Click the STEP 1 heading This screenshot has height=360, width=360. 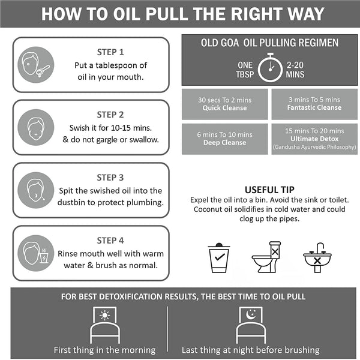(110, 52)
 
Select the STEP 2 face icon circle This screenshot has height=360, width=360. (36, 127)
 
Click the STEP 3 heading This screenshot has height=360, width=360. (110, 178)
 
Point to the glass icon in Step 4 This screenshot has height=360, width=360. (44, 256)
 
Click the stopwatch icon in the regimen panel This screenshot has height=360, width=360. (270, 67)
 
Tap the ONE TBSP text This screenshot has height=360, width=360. (245, 70)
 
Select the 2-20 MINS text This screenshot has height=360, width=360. (295, 70)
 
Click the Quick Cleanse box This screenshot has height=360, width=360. (225, 104)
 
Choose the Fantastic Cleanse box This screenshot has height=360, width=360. (314, 104)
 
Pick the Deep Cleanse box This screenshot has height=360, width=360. (225, 139)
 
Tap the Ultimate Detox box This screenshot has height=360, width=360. (314, 139)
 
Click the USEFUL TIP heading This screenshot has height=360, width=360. (269, 190)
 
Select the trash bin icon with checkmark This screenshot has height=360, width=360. (219, 257)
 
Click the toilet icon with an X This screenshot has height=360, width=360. (266, 257)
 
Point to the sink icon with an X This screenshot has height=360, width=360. (317, 257)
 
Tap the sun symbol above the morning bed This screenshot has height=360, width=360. (104, 315)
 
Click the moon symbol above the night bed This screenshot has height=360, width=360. (251, 314)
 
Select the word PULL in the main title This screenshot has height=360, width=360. (167, 14)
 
